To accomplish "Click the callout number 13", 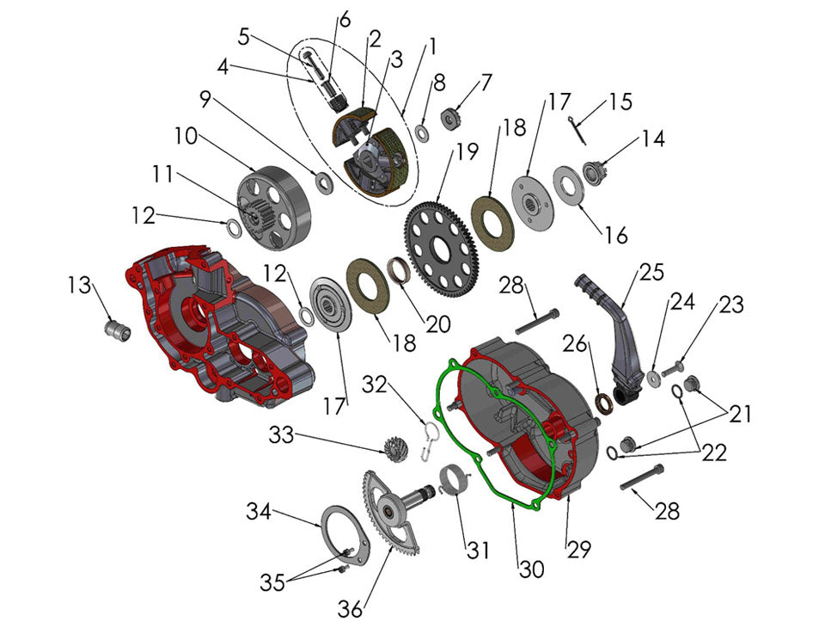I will [80, 285].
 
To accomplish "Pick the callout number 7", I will [486, 83].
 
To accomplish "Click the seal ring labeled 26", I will [605, 402].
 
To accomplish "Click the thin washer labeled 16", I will [568, 185].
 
